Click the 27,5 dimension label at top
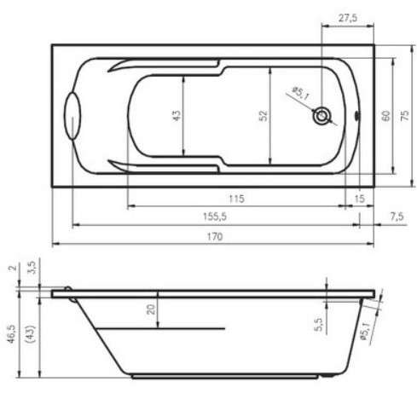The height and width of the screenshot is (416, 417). click(x=348, y=18)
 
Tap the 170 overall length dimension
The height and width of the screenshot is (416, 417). click(x=214, y=236)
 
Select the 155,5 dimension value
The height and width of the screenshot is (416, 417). click(x=215, y=217)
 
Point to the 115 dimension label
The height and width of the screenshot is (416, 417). click(x=236, y=199)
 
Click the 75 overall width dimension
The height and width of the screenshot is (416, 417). click(x=405, y=115)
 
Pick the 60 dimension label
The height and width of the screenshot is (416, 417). click(x=385, y=116)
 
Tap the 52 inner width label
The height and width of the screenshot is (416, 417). click(x=264, y=116)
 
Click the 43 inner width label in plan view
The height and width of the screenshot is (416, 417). click(x=177, y=116)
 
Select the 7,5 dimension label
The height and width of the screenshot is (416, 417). click(x=397, y=217)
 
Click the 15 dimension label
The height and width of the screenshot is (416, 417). click(x=360, y=199)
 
